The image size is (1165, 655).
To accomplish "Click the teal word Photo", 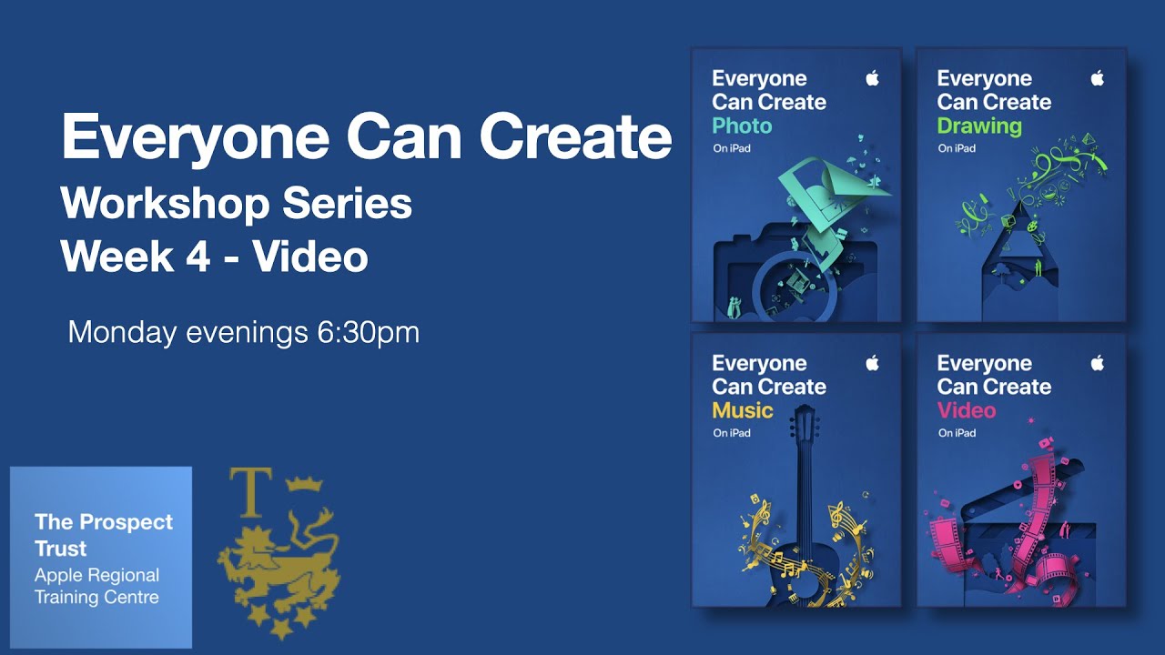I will click(741, 126).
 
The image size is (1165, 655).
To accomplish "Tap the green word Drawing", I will click(979, 126).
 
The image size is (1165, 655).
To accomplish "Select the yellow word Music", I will click(742, 410).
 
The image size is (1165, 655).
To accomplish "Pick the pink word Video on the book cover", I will click(967, 410).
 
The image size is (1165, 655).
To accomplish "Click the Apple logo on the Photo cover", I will click(872, 78).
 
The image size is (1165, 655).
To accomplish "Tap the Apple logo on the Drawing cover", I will click(1097, 78).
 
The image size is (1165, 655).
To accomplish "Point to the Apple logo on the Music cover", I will click(872, 363).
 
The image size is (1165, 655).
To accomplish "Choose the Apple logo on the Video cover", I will click(1097, 363).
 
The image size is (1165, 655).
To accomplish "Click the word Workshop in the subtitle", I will click(165, 204).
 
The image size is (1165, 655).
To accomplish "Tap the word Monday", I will click(122, 332).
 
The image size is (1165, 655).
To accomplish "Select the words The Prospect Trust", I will click(103, 535).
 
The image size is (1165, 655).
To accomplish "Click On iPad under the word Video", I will click(957, 433).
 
